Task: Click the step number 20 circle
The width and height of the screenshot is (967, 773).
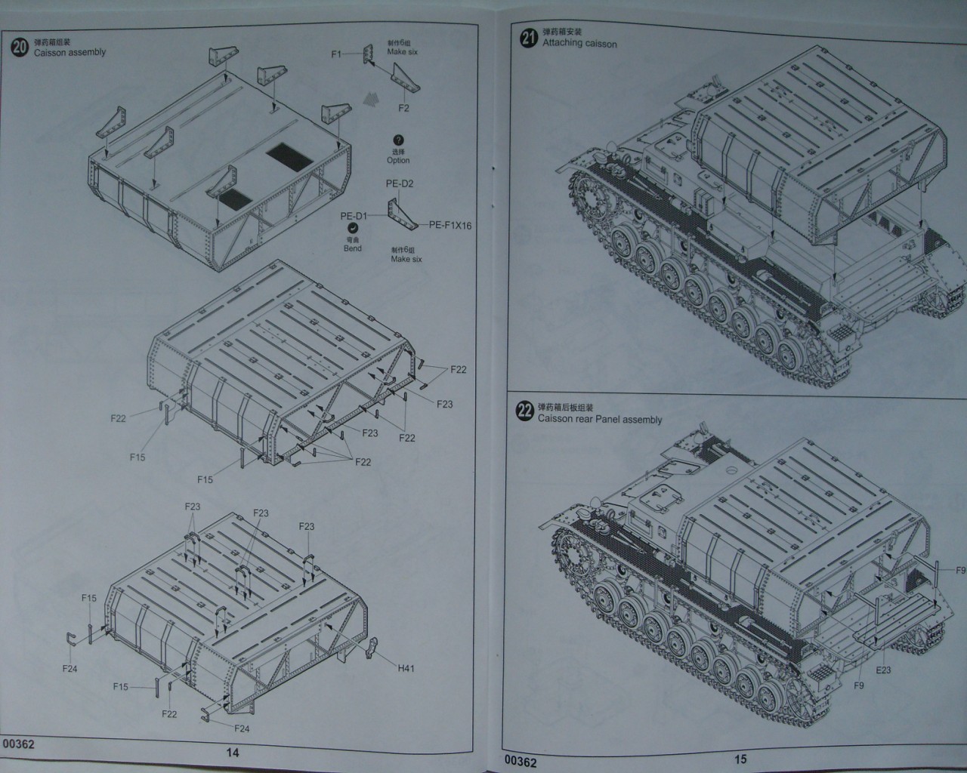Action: [x=20, y=47]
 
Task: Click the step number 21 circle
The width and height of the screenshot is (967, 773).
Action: [x=529, y=38]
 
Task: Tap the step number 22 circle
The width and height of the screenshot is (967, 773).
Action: [x=525, y=412]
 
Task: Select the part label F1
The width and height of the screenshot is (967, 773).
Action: [x=337, y=54]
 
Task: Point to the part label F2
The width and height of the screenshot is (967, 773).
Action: [x=403, y=108]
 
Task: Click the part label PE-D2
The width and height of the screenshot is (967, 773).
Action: [x=400, y=183]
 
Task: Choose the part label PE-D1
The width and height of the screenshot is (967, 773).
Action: [x=354, y=216]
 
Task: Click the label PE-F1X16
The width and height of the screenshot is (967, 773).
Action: [x=450, y=225]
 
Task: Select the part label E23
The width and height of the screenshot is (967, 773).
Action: [x=883, y=670]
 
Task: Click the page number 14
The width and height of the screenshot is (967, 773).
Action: [x=232, y=752]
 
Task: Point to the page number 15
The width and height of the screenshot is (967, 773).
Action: [x=740, y=759]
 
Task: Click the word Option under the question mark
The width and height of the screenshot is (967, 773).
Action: [x=398, y=160]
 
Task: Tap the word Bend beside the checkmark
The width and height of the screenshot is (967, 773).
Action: [x=352, y=248]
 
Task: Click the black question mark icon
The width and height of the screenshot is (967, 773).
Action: [x=398, y=140]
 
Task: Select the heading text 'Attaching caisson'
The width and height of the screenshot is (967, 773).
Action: [x=579, y=44]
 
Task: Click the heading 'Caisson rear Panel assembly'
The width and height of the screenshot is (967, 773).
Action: [x=599, y=419]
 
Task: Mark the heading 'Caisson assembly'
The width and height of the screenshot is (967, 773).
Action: [x=70, y=52]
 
